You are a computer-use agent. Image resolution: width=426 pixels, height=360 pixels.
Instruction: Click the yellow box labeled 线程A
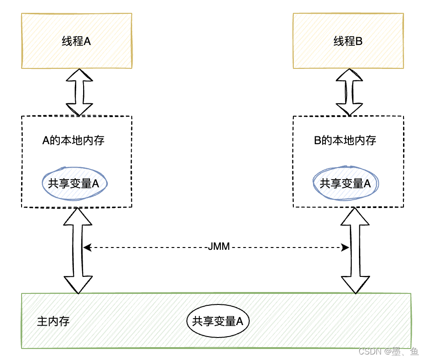pos(77,41)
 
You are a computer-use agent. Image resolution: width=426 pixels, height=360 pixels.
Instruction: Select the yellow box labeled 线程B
pos(348,41)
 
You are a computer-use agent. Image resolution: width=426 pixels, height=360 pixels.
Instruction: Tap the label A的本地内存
pos(73,140)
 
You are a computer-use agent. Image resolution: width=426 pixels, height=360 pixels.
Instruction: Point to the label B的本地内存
pos(345,140)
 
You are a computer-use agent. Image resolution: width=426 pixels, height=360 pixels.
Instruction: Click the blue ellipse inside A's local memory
pos(75,183)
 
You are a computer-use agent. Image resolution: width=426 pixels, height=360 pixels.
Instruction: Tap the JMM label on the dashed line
pos(219,247)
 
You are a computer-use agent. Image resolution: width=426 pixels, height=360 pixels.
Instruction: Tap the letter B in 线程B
pos(359,41)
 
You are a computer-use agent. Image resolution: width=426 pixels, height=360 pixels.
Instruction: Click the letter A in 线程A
pos(87,41)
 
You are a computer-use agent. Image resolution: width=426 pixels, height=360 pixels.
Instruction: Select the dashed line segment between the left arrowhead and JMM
pos(147,247)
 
